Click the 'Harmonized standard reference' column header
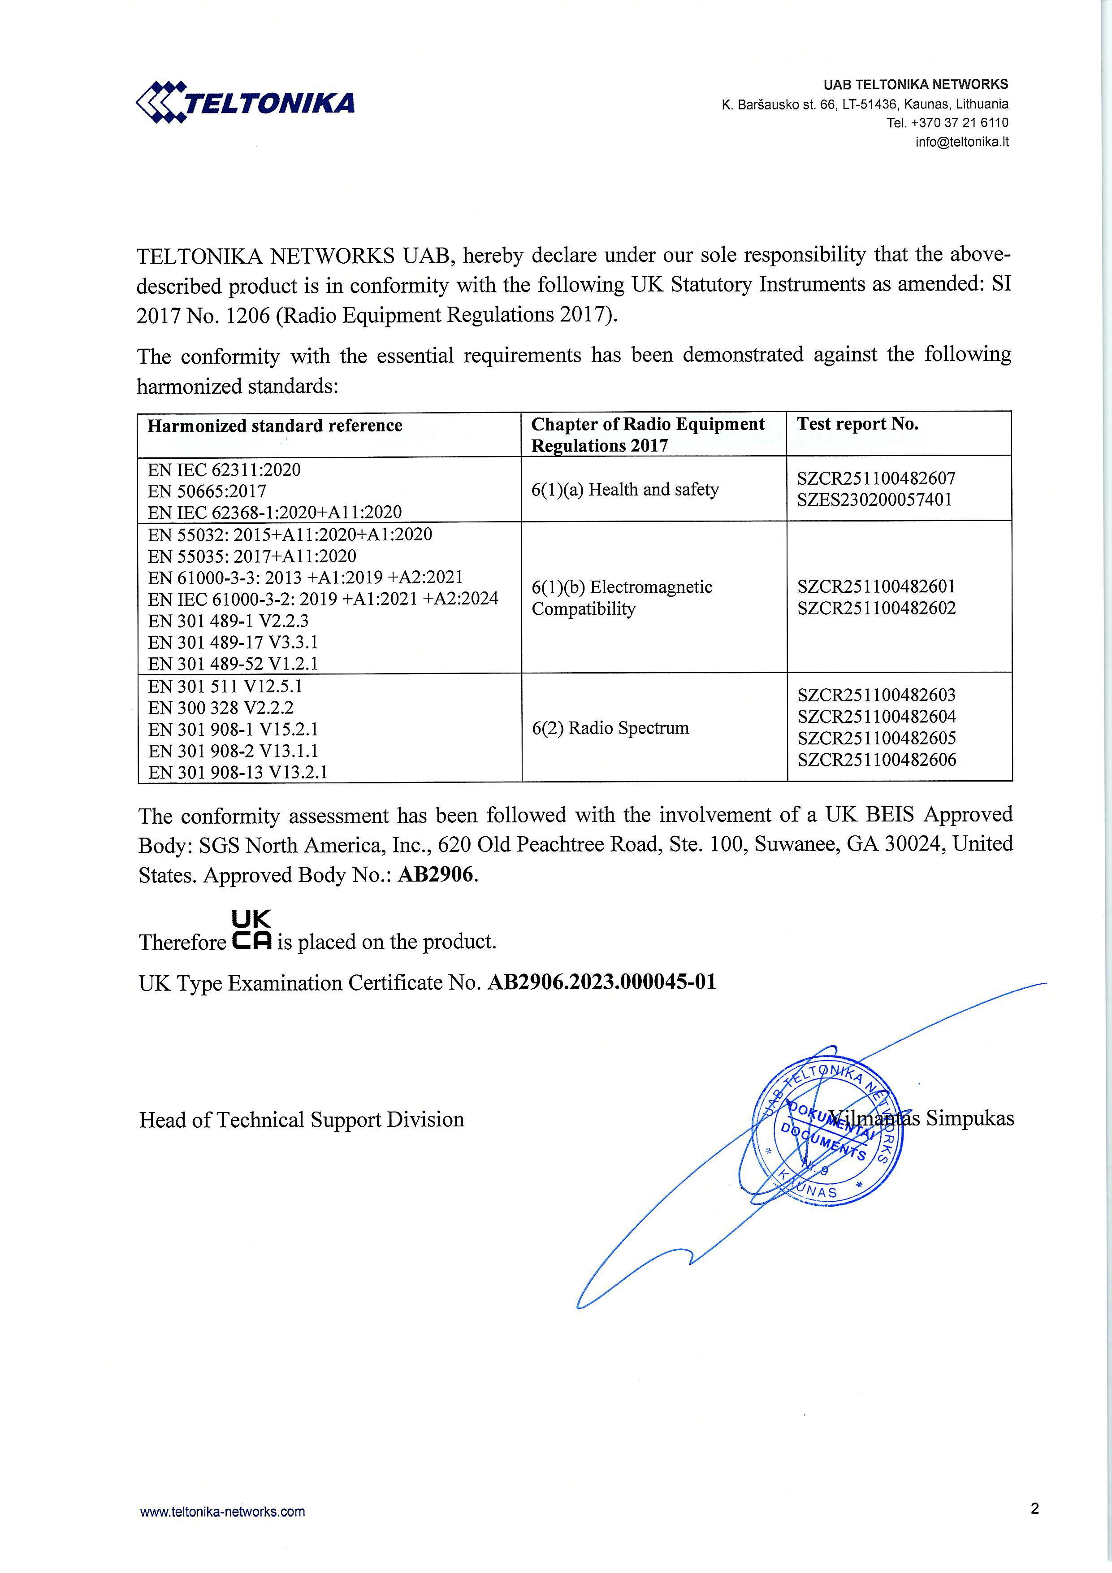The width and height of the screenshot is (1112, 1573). click(275, 426)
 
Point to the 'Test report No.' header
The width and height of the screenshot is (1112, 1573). click(857, 424)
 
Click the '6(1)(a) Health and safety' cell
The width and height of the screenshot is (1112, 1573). click(624, 490)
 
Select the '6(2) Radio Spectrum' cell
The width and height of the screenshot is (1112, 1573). click(610, 728)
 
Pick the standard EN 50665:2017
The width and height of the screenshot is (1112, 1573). click(207, 491)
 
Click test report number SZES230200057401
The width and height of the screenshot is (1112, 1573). click(874, 500)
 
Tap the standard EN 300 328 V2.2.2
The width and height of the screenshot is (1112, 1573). click(221, 708)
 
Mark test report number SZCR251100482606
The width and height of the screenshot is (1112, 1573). click(876, 760)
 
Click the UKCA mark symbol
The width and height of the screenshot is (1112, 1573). click(252, 930)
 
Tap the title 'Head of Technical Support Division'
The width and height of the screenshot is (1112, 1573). click(301, 1120)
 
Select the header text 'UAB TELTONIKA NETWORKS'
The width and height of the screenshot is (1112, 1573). click(916, 84)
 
